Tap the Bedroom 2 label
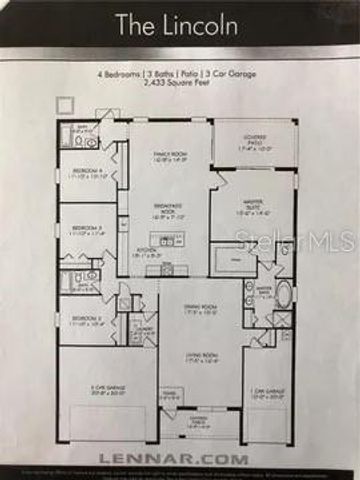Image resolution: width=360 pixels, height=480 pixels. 84,321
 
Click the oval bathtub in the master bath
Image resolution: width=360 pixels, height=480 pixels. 283,294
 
